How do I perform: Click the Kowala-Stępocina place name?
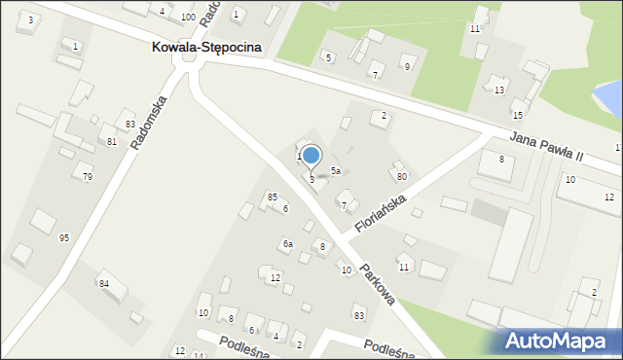click(206, 47)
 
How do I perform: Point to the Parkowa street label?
click(377, 285)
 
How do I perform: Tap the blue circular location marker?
click(311, 155)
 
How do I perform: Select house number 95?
click(64, 238)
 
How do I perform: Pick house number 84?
click(104, 283)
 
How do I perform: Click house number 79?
click(88, 176)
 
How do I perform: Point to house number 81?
click(112, 142)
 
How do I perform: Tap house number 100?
click(188, 18)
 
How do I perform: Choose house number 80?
click(402, 177)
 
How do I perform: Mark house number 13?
click(499, 90)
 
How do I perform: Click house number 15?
click(518, 115)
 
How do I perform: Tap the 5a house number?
click(335, 170)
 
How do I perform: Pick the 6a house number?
click(288, 244)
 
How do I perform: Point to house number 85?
click(273, 197)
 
